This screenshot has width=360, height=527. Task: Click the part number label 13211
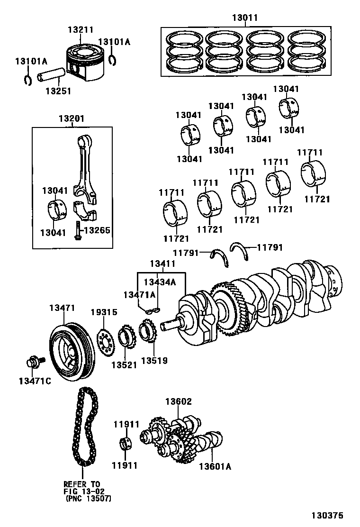point(81,29)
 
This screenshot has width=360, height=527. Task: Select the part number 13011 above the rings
point(245,18)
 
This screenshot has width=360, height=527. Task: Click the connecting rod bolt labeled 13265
point(77,230)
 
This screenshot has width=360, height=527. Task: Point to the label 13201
point(72,118)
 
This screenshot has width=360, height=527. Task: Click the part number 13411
point(162,263)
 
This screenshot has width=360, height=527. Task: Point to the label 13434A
point(160,282)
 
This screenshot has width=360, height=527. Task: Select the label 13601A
point(215,466)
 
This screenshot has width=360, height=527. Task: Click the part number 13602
point(178,402)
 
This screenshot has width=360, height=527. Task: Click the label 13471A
point(139,294)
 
